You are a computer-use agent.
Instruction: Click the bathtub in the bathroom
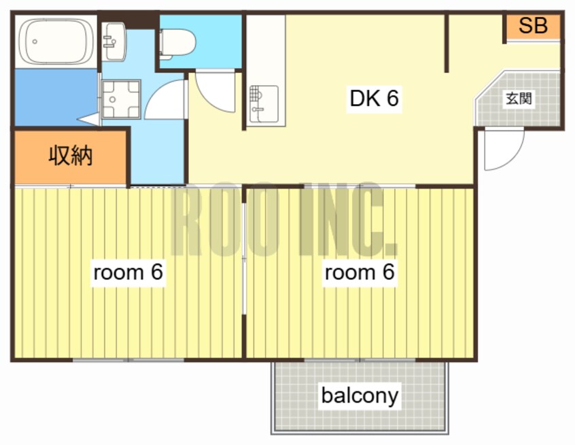[x=56, y=42]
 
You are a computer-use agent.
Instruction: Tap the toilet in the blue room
[x=177, y=44]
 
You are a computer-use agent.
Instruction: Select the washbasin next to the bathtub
[x=114, y=41]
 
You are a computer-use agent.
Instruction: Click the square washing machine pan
[x=121, y=99]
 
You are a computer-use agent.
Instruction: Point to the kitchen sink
[x=264, y=104]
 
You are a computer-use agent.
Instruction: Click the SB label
[x=533, y=26]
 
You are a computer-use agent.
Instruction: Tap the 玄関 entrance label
[x=519, y=99]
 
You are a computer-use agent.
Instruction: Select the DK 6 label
[x=374, y=98]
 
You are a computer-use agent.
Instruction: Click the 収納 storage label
[x=71, y=155]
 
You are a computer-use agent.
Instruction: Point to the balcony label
[x=360, y=395]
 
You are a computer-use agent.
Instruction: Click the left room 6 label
[x=128, y=272]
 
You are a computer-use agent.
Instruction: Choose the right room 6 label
[x=360, y=272]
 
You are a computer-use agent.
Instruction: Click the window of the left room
[x=128, y=360]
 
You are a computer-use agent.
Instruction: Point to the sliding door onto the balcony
[x=360, y=360]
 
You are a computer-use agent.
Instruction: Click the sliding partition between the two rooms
[x=244, y=259]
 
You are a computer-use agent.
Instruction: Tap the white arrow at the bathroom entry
[x=88, y=119]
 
